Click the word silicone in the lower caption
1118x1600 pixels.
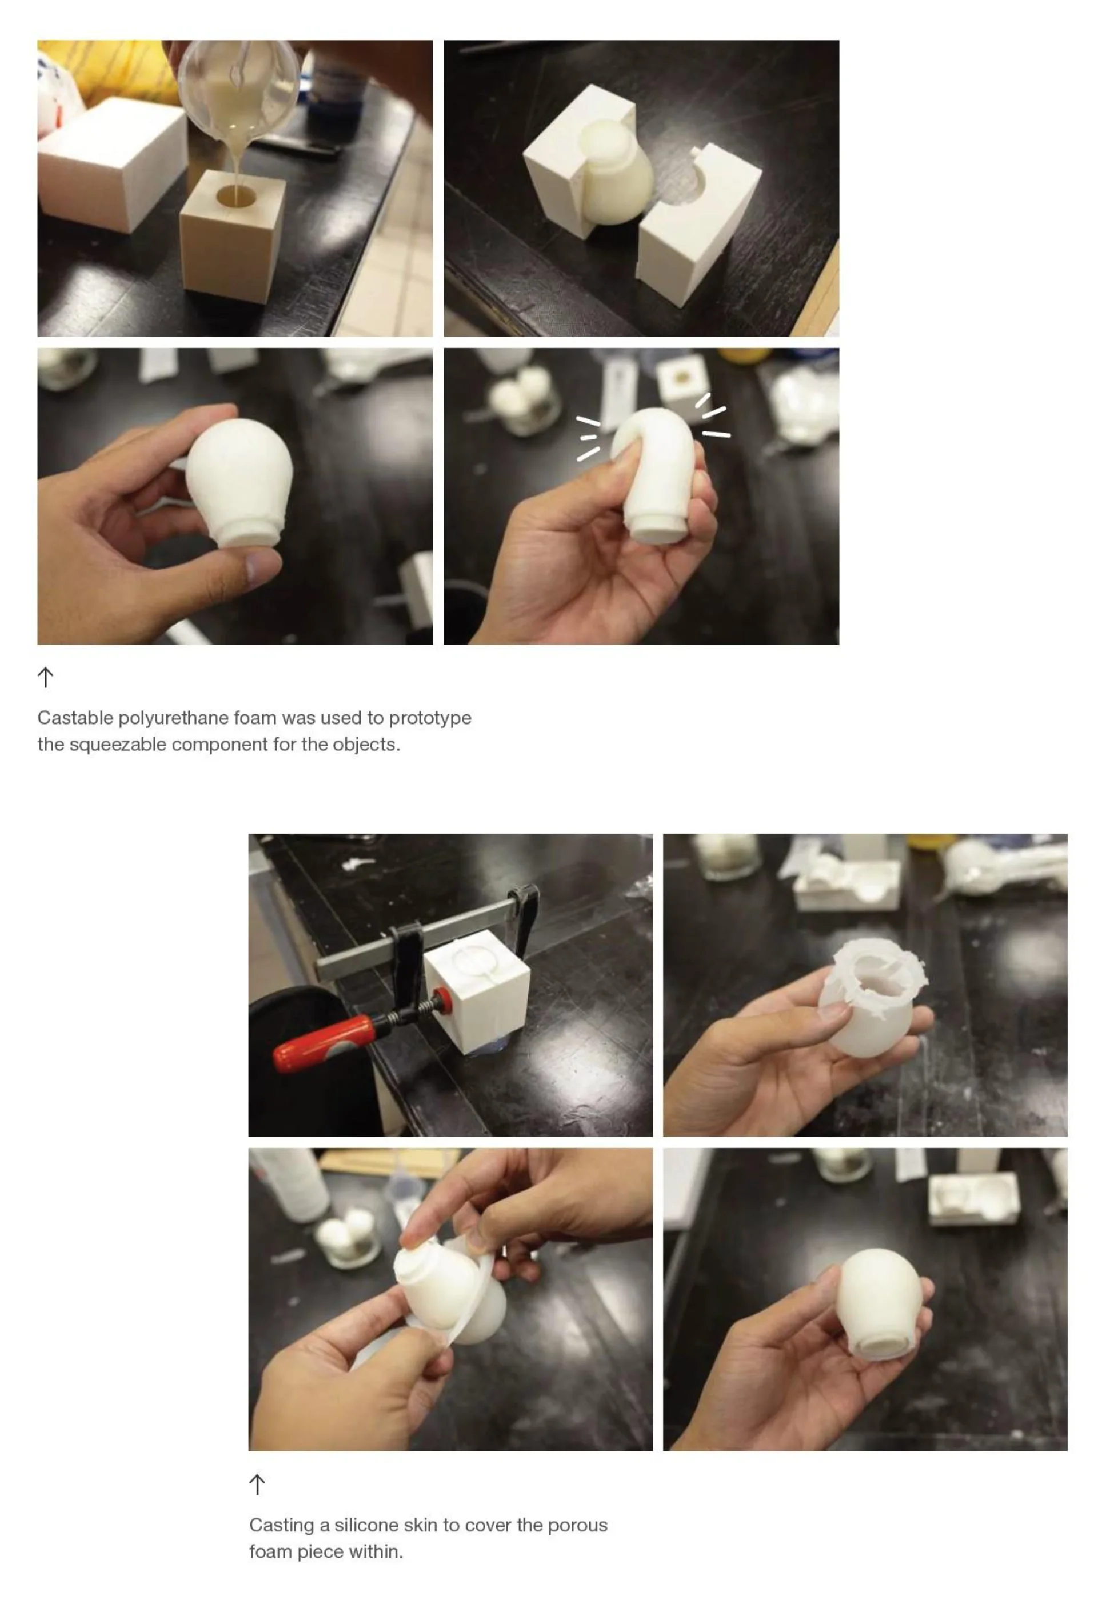tap(366, 1526)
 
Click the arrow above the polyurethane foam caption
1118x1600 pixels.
tap(45, 677)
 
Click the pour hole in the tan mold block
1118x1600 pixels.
tap(235, 196)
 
